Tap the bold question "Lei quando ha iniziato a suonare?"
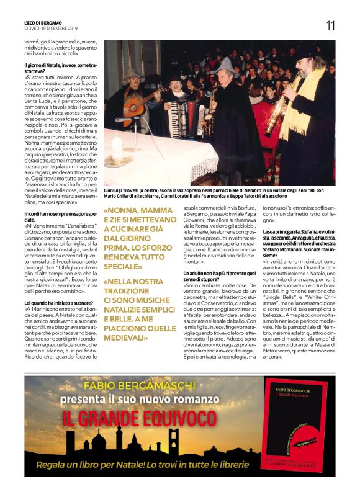click(56, 302)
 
